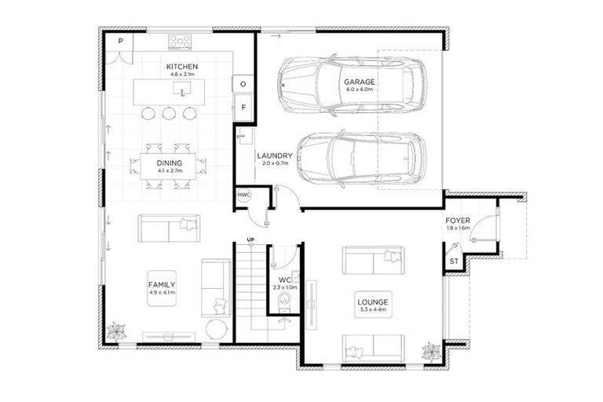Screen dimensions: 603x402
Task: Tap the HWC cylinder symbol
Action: (243, 195)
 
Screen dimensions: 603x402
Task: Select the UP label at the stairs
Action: (250, 239)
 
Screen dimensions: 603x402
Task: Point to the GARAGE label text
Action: (359, 82)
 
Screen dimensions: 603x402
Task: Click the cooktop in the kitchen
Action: (180, 42)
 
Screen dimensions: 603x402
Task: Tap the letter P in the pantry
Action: (120, 41)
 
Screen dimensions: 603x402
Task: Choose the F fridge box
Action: (243, 108)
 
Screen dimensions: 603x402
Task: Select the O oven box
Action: (243, 84)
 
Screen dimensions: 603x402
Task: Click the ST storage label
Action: (454, 261)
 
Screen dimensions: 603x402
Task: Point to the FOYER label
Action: (458, 221)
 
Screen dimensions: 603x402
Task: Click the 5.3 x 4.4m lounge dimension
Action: (373, 309)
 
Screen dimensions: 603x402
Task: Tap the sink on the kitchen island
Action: (181, 89)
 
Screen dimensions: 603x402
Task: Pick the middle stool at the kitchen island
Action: (169, 114)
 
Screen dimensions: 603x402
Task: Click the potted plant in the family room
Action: (116, 331)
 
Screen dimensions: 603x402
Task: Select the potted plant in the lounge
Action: (432, 352)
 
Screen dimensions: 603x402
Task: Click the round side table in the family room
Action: (217, 329)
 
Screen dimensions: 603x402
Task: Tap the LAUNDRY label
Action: (275, 155)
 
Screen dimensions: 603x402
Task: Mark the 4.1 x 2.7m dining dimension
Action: (170, 170)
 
